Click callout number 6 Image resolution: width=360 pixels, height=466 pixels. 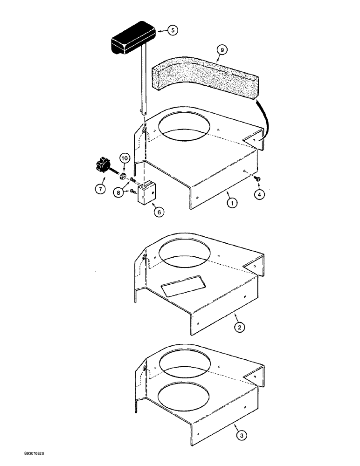pos(159,212)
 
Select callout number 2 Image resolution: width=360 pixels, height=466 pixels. pos(239,328)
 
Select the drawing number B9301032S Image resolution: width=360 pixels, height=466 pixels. pos(29,453)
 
